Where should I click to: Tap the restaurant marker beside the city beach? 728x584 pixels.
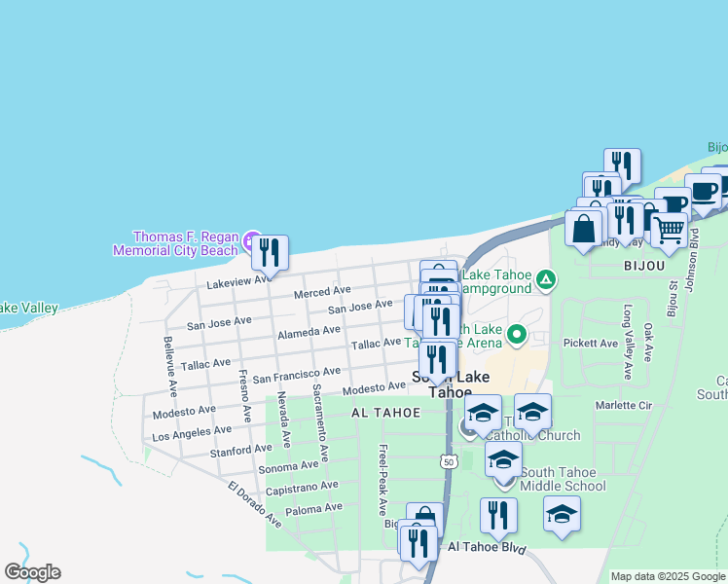click(x=270, y=253)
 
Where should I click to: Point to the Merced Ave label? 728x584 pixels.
click(x=322, y=291)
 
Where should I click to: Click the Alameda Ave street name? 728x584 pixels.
click(x=309, y=332)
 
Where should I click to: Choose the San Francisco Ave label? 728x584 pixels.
click(x=297, y=373)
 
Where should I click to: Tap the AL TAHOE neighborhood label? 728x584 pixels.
click(x=386, y=413)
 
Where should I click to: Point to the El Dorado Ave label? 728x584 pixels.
click(x=255, y=504)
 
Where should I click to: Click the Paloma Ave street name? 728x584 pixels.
click(x=314, y=508)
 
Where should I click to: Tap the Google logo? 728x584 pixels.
click(x=32, y=572)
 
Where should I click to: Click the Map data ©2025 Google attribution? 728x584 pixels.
click(x=667, y=576)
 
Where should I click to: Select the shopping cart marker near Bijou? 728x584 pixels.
click(x=668, y=230)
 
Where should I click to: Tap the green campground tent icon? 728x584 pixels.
click(x=547, y=281)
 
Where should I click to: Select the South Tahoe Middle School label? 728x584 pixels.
click(x=563, y=479)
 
